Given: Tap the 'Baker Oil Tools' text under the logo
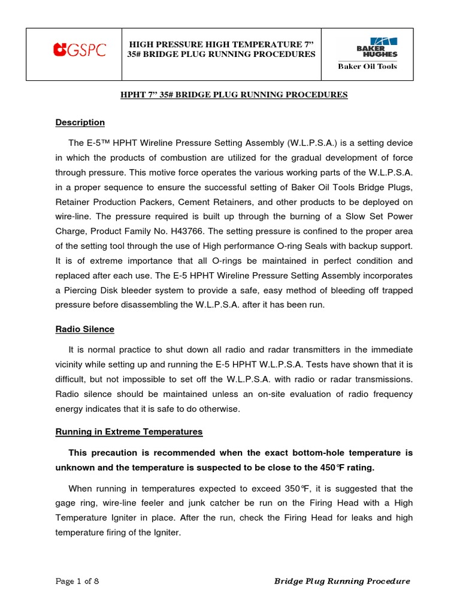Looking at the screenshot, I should [367, 67].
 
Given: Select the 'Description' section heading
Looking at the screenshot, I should [80, 122].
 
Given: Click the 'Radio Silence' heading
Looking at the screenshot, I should [85, 329].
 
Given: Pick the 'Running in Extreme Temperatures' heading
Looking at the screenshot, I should [129, 432].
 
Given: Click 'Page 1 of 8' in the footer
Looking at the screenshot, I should [77, 581].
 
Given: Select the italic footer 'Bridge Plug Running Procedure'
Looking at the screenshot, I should [342, 581].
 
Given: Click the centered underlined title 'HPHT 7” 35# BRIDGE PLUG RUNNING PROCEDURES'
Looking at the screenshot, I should [231, 95].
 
